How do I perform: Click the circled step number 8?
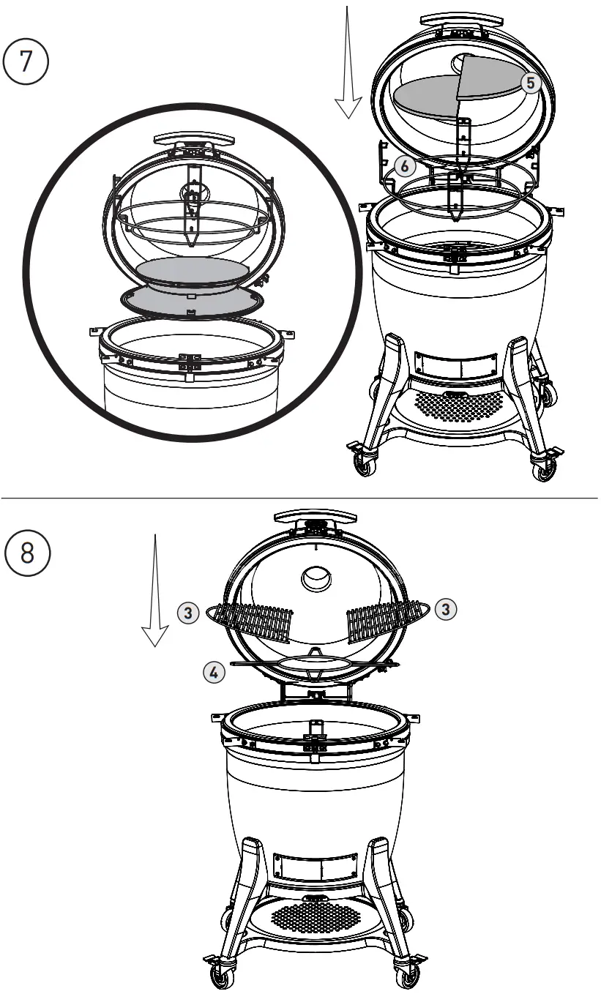point(27,553)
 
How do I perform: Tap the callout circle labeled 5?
point(531,83)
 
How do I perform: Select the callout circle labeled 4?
point(214,673)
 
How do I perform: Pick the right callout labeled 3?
point(445,608)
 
